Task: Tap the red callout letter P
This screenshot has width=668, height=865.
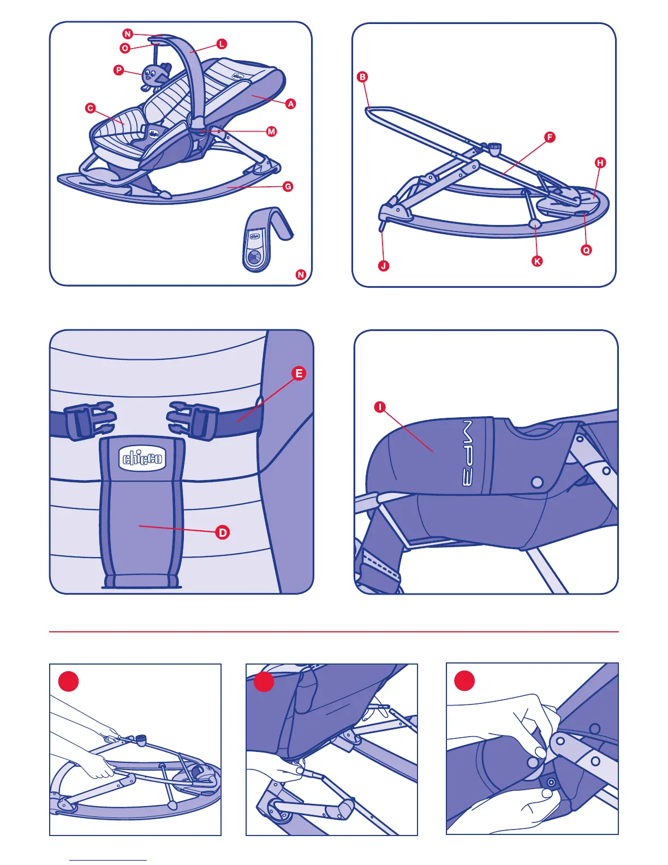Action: point(118,70)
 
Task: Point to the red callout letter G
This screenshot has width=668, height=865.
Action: point(288,186)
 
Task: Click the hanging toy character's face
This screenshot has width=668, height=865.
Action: point(150,74)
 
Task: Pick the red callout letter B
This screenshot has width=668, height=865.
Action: point(362,76)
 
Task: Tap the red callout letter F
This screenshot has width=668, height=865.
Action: point(550,137)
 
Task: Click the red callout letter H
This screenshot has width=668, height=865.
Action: point(600,162)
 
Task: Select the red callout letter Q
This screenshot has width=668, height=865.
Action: point(586,250)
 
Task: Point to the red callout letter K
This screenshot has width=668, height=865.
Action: point(537,261)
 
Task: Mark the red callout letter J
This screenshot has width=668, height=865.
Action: point(384,266)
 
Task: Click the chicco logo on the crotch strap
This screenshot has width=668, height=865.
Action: point(142,458)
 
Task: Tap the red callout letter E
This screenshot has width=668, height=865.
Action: point(299,373)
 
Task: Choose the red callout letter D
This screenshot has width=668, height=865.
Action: point(223,532)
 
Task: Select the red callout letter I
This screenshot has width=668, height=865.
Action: point(380,407)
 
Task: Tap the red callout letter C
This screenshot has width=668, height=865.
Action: point(90,108)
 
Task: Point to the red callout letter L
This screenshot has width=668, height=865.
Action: point(222,44)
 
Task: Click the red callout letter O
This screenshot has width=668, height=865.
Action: point(125,48)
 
